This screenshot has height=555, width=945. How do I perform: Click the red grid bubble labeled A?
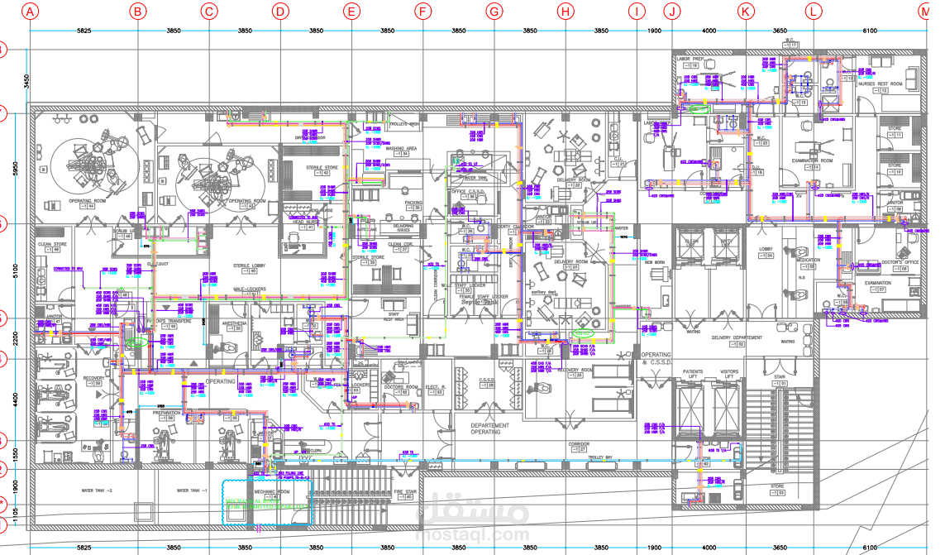click(x=31, y=12)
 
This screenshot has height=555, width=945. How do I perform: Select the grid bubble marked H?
click(x=566, y=12)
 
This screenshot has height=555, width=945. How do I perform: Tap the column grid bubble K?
click(x=746, y=12)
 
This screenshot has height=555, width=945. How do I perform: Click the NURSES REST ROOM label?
click(x=877, y=84)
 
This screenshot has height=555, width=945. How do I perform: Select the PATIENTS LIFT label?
click(x=694, y=375)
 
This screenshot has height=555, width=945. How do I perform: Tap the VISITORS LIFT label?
click(x=729, y=375)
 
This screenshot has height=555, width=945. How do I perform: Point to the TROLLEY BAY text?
click(x=600, y=457)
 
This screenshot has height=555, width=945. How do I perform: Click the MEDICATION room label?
click(x=809, y=260)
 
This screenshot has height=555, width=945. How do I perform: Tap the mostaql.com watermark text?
click(x=471, y=534)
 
